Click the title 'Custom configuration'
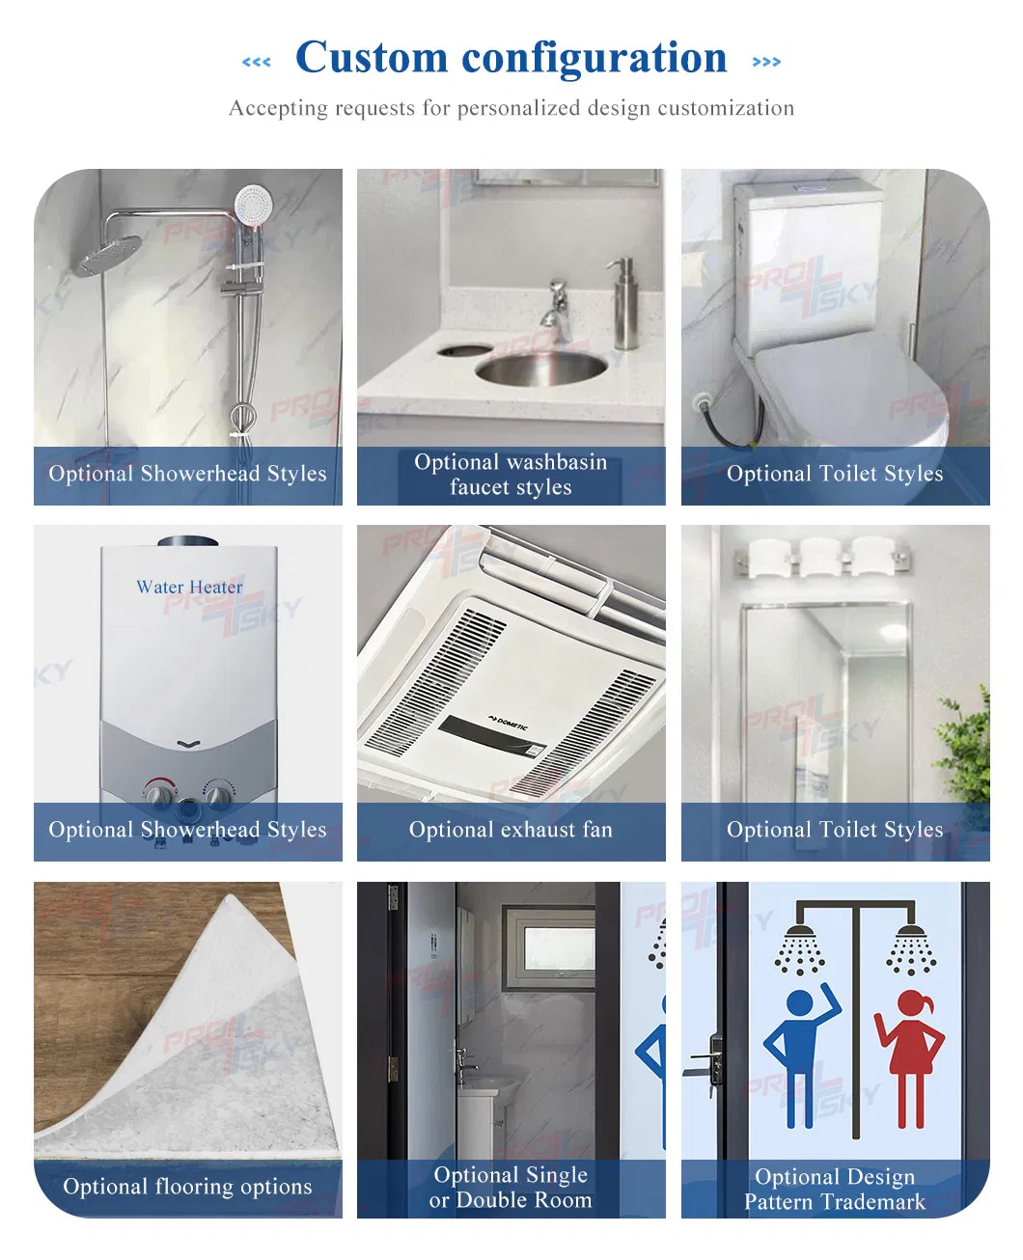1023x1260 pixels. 511,58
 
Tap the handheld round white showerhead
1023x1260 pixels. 253,204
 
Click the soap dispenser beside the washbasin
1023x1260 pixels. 625,304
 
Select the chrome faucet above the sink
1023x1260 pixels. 556,307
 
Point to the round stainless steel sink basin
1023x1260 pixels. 540,367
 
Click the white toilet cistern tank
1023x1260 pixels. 809,260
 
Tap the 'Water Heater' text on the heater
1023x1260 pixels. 189,587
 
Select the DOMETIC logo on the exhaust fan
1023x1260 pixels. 508,724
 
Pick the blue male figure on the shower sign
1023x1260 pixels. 800,1052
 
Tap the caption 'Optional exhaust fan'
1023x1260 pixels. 511,830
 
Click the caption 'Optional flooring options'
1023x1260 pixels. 187,1187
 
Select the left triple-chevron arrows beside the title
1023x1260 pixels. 257,62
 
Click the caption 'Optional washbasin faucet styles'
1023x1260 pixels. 511,475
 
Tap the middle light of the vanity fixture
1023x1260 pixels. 820,557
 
